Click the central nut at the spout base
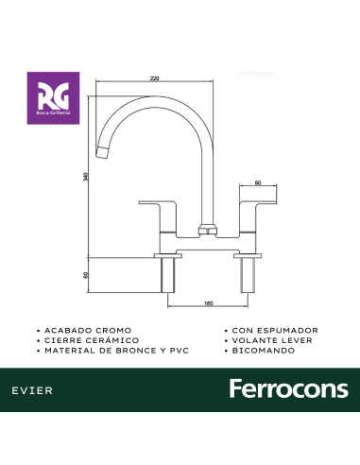206,230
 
